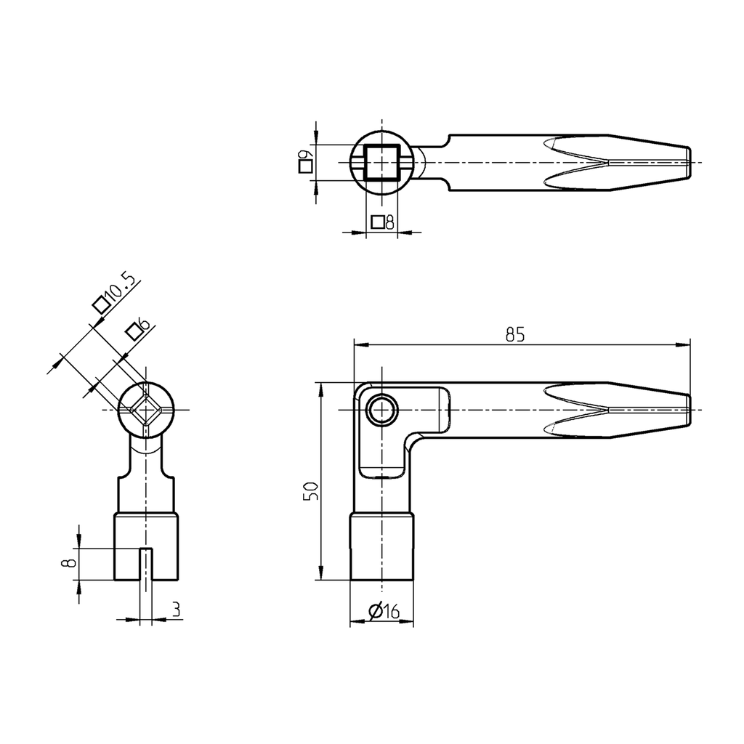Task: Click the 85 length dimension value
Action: [x=514, y=335]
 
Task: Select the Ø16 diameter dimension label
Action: [x=384, y=612]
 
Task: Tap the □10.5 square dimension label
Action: [x=115, y=294]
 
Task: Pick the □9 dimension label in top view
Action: [x=305, y=160]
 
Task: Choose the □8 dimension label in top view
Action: [x=381, y=222]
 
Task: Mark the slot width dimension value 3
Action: [x=175, y=610]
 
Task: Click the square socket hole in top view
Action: [x=381, y=162]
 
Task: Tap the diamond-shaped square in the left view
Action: [x=146, y=410]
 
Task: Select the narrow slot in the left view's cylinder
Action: [x=146, y=564]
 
